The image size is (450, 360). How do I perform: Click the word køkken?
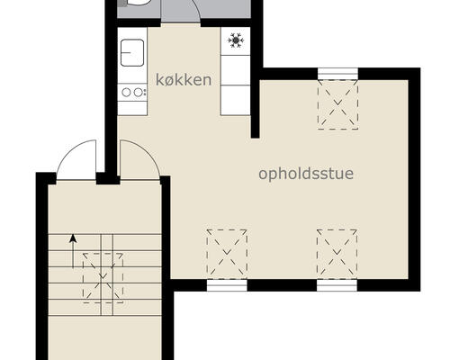[x=184, y=80]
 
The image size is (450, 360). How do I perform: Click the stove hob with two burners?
[x=132, y=92]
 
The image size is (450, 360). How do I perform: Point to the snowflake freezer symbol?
[x=236, y=40]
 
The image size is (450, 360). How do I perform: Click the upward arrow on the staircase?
[x=73, y=242]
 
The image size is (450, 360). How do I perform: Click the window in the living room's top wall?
[x=337, y=73]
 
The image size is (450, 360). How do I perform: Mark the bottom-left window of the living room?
[x=227, y=285]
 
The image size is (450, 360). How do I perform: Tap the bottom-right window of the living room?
[x=337, y=285]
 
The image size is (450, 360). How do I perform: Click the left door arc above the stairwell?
[x=76, y=160]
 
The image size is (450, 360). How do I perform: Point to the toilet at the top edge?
[x=139, y=4]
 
